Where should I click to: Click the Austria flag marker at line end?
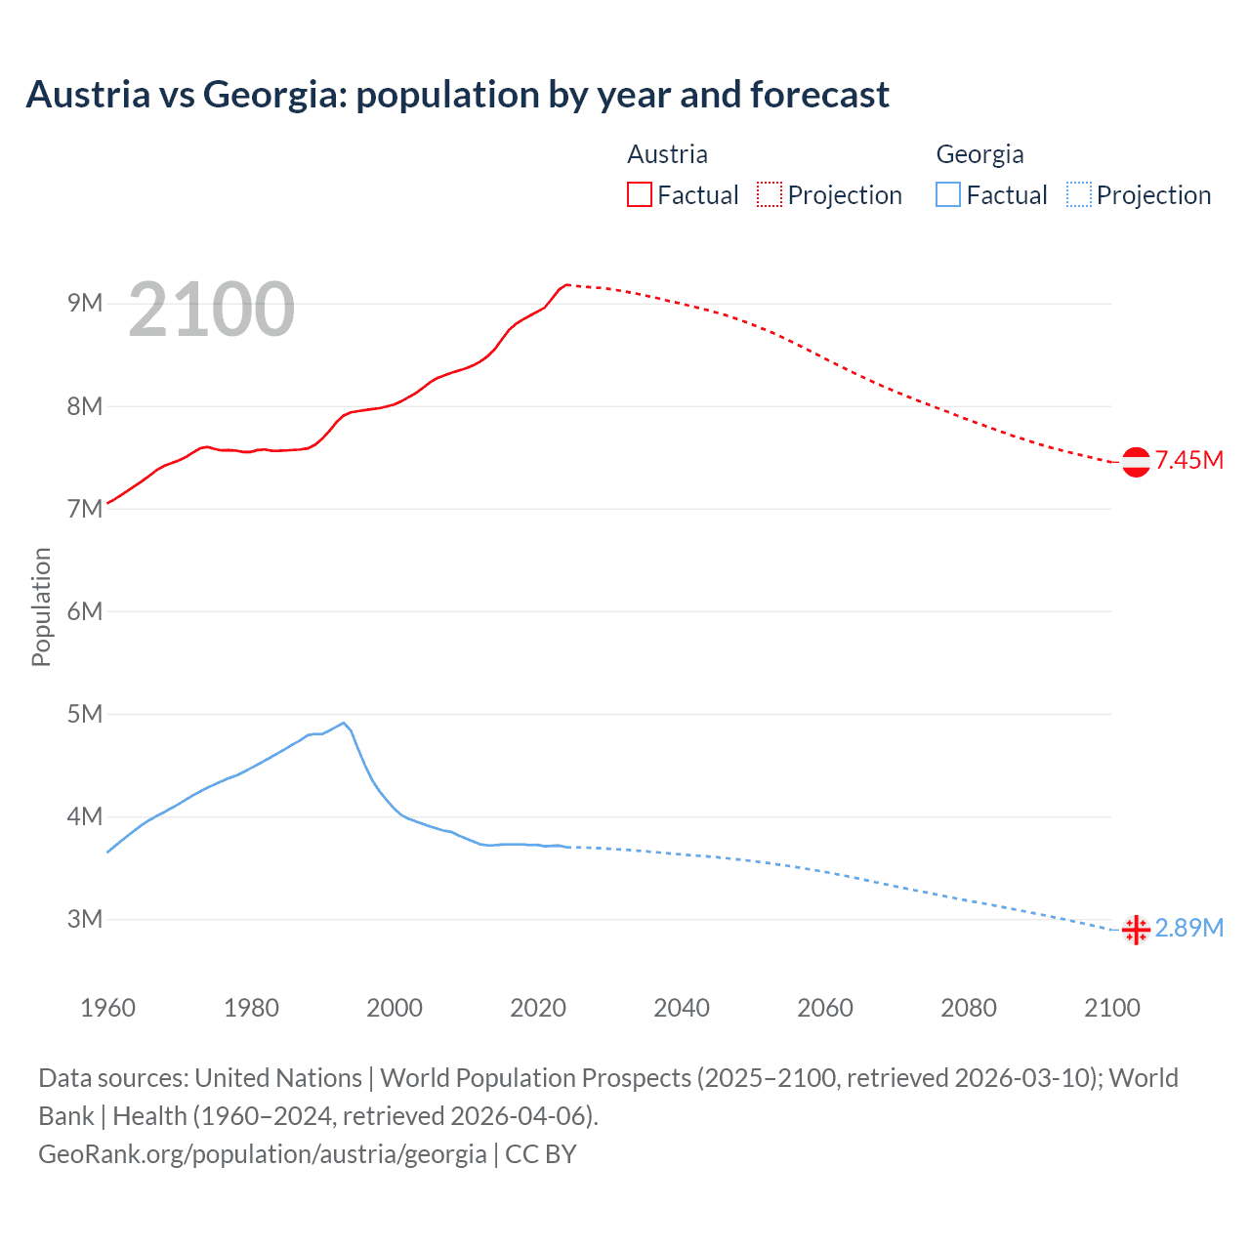tap(1136, 462)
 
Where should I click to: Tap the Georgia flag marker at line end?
tap(1136, 931)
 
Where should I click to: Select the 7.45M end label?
tap(1189, 460)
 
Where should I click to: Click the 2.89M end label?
tap(1189, 928)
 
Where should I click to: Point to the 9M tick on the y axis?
tap(85, 303)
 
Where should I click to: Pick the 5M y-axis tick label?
tap(85, 714)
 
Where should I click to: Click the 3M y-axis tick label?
tap(85, 919)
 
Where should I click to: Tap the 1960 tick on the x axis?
tap(107, 1008)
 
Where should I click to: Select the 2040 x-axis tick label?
tap(682, 1008)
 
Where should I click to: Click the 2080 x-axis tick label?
tap(969, 1008)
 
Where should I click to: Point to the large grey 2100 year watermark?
tap(211, 310)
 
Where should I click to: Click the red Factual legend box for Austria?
tap(640, 194)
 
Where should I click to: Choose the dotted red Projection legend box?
tap(770, 194)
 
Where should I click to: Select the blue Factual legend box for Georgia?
tap(948, 194)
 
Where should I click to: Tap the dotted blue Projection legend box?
tap(1078, 194)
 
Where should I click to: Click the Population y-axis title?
tap(41, 606)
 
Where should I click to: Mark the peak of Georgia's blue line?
tap(344, 723)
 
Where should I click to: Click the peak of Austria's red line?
tap(566, 284)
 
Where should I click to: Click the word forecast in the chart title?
tap(819, 95)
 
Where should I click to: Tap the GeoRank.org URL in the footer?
tap(262, 1154)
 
